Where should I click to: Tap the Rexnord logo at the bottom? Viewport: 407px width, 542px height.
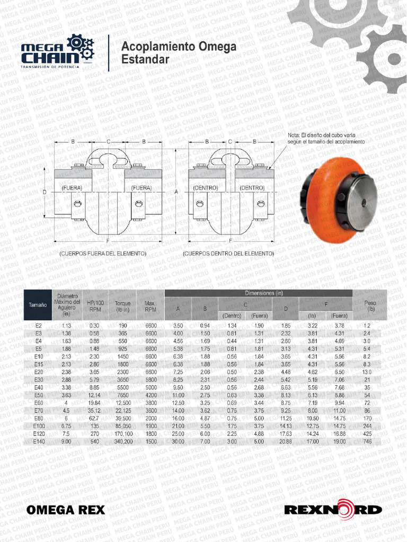[333, 510]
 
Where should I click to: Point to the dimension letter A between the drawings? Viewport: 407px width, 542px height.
[176, 192]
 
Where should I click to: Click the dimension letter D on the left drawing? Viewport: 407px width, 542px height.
[45, 192]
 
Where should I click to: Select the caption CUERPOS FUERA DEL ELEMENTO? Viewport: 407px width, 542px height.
[103, 254]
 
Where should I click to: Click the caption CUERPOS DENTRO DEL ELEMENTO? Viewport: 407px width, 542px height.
[228, 254]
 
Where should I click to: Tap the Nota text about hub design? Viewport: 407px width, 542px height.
[326, 139]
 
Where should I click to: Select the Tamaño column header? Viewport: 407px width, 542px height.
[37, 305]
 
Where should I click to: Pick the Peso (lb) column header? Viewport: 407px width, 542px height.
[370, 305]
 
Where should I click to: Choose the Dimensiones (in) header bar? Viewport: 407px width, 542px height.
[259, 293]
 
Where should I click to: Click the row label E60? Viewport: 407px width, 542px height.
[38, 403]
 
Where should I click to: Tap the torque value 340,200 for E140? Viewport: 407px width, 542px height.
[122, 441]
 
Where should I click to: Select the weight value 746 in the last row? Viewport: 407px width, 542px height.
[367, 441]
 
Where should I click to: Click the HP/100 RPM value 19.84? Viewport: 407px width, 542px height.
[94, 403]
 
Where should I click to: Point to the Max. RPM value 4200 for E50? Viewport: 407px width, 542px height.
[151, 395]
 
